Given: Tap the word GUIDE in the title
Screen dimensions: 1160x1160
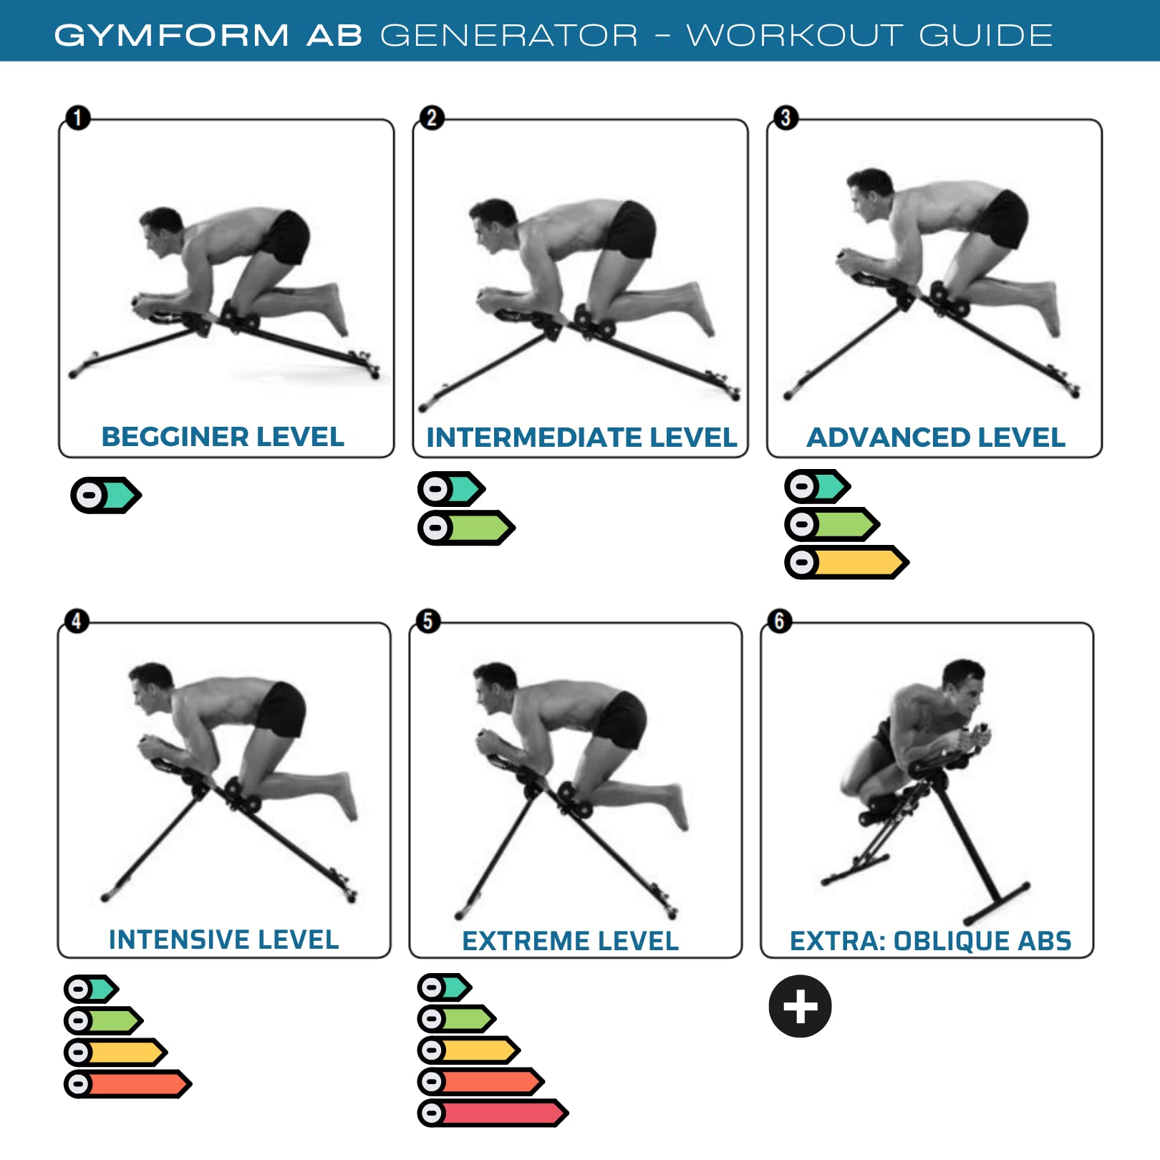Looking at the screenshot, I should (x=985, y=35).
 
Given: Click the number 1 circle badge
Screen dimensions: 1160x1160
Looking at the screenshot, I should (x=78, y=117).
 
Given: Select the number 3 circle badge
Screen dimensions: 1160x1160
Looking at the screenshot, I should (x=786, y=117).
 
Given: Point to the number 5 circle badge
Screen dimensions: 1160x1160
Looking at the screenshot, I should (x=428, y=621).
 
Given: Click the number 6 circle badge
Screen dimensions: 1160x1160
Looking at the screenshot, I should (x=780, y=620).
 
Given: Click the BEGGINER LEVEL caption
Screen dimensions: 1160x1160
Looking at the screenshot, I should (x=223, y=437).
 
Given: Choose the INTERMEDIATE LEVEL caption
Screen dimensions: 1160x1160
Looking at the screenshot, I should (x=581, y=438).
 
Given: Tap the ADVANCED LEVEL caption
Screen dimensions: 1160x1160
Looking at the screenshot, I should (x=936, y=438).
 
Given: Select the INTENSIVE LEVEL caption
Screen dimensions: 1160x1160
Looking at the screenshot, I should (x=223, y=939).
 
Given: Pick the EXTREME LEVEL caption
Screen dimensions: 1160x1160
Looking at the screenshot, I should (x=570, y=941).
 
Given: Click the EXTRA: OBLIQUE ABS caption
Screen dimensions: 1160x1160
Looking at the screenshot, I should (x=930, y=941).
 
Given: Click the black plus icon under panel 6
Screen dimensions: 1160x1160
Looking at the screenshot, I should (x=800, y=1006).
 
